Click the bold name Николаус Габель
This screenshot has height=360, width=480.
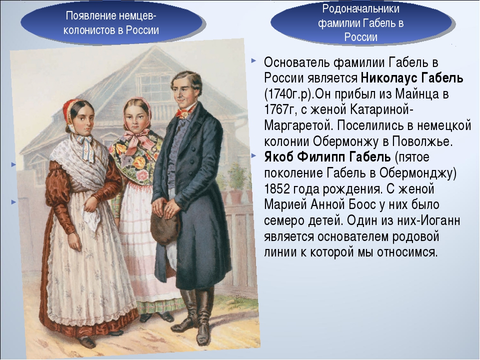[x=411, y=78]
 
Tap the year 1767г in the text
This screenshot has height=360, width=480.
[x=279, y=109]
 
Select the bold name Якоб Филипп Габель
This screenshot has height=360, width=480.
[x=327, y=157]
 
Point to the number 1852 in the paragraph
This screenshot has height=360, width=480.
[x=276, y=189]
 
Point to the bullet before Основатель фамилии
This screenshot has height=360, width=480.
[x=253, y=61]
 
